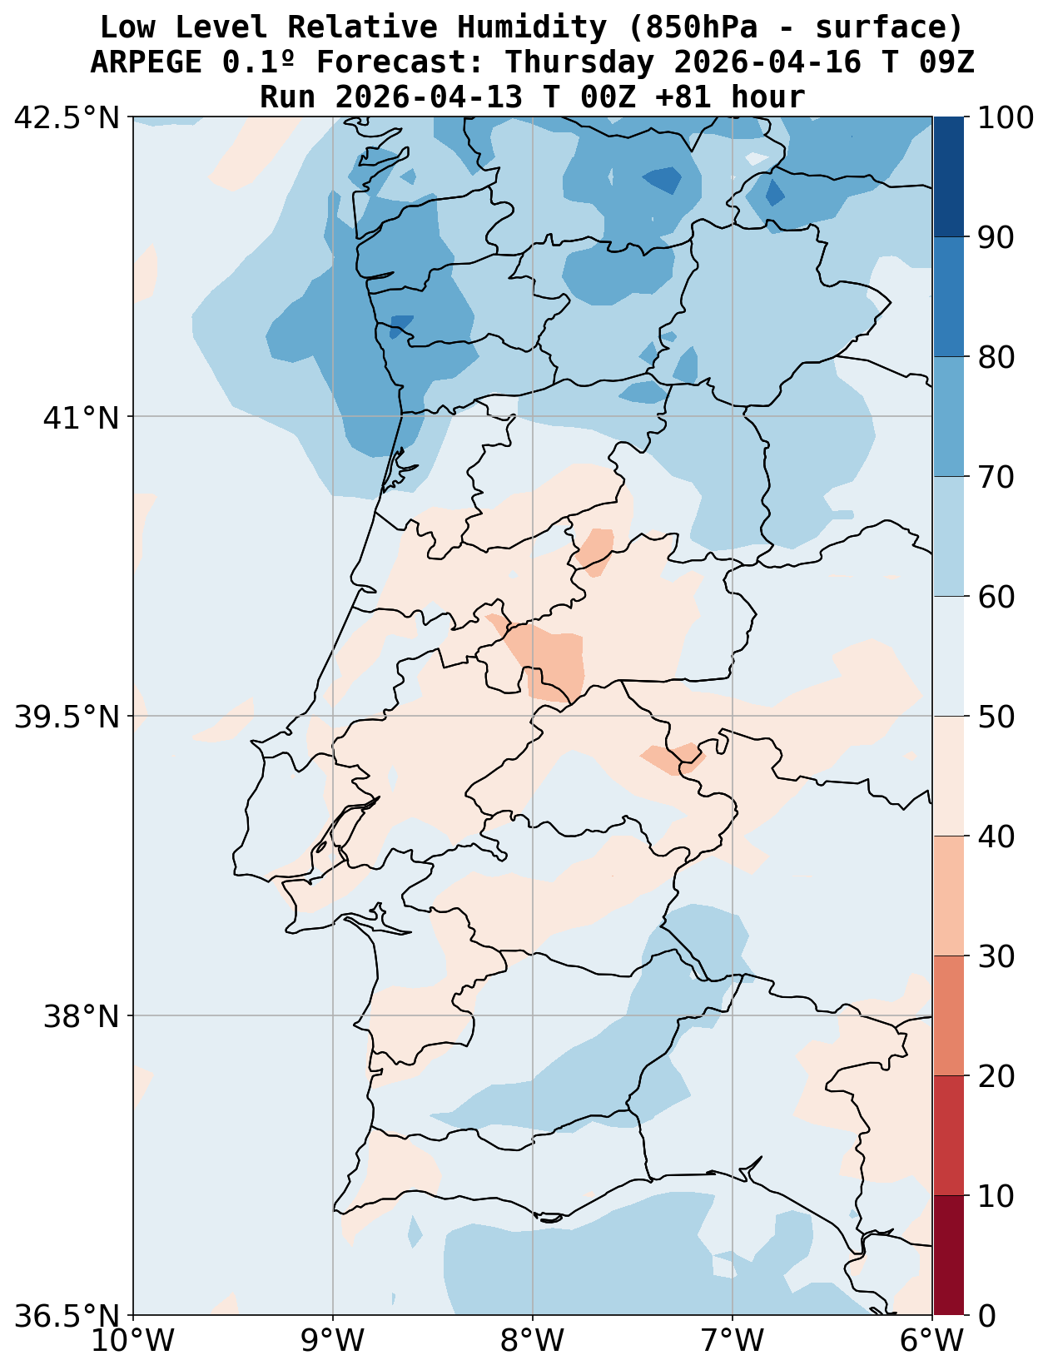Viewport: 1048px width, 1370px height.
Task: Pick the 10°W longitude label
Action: tap(133, 1341)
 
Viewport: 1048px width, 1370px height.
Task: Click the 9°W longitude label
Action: tap(333, 1341)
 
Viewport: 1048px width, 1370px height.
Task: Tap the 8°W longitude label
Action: tap(533, 1341)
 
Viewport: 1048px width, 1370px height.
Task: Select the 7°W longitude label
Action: tap(733, 1341)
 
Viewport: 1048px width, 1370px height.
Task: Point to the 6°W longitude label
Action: tap(932, 1341)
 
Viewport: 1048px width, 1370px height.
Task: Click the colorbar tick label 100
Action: tap(1006, 117)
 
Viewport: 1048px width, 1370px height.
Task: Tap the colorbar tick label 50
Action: tap(996, 717)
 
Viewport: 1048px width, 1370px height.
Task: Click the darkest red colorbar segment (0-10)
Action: tap(948, 1256)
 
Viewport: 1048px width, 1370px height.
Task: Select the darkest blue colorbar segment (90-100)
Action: tap(948, 177)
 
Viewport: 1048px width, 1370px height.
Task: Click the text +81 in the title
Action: tap(683, 97)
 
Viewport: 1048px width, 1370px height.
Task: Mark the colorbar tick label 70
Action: tap(996, 477)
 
